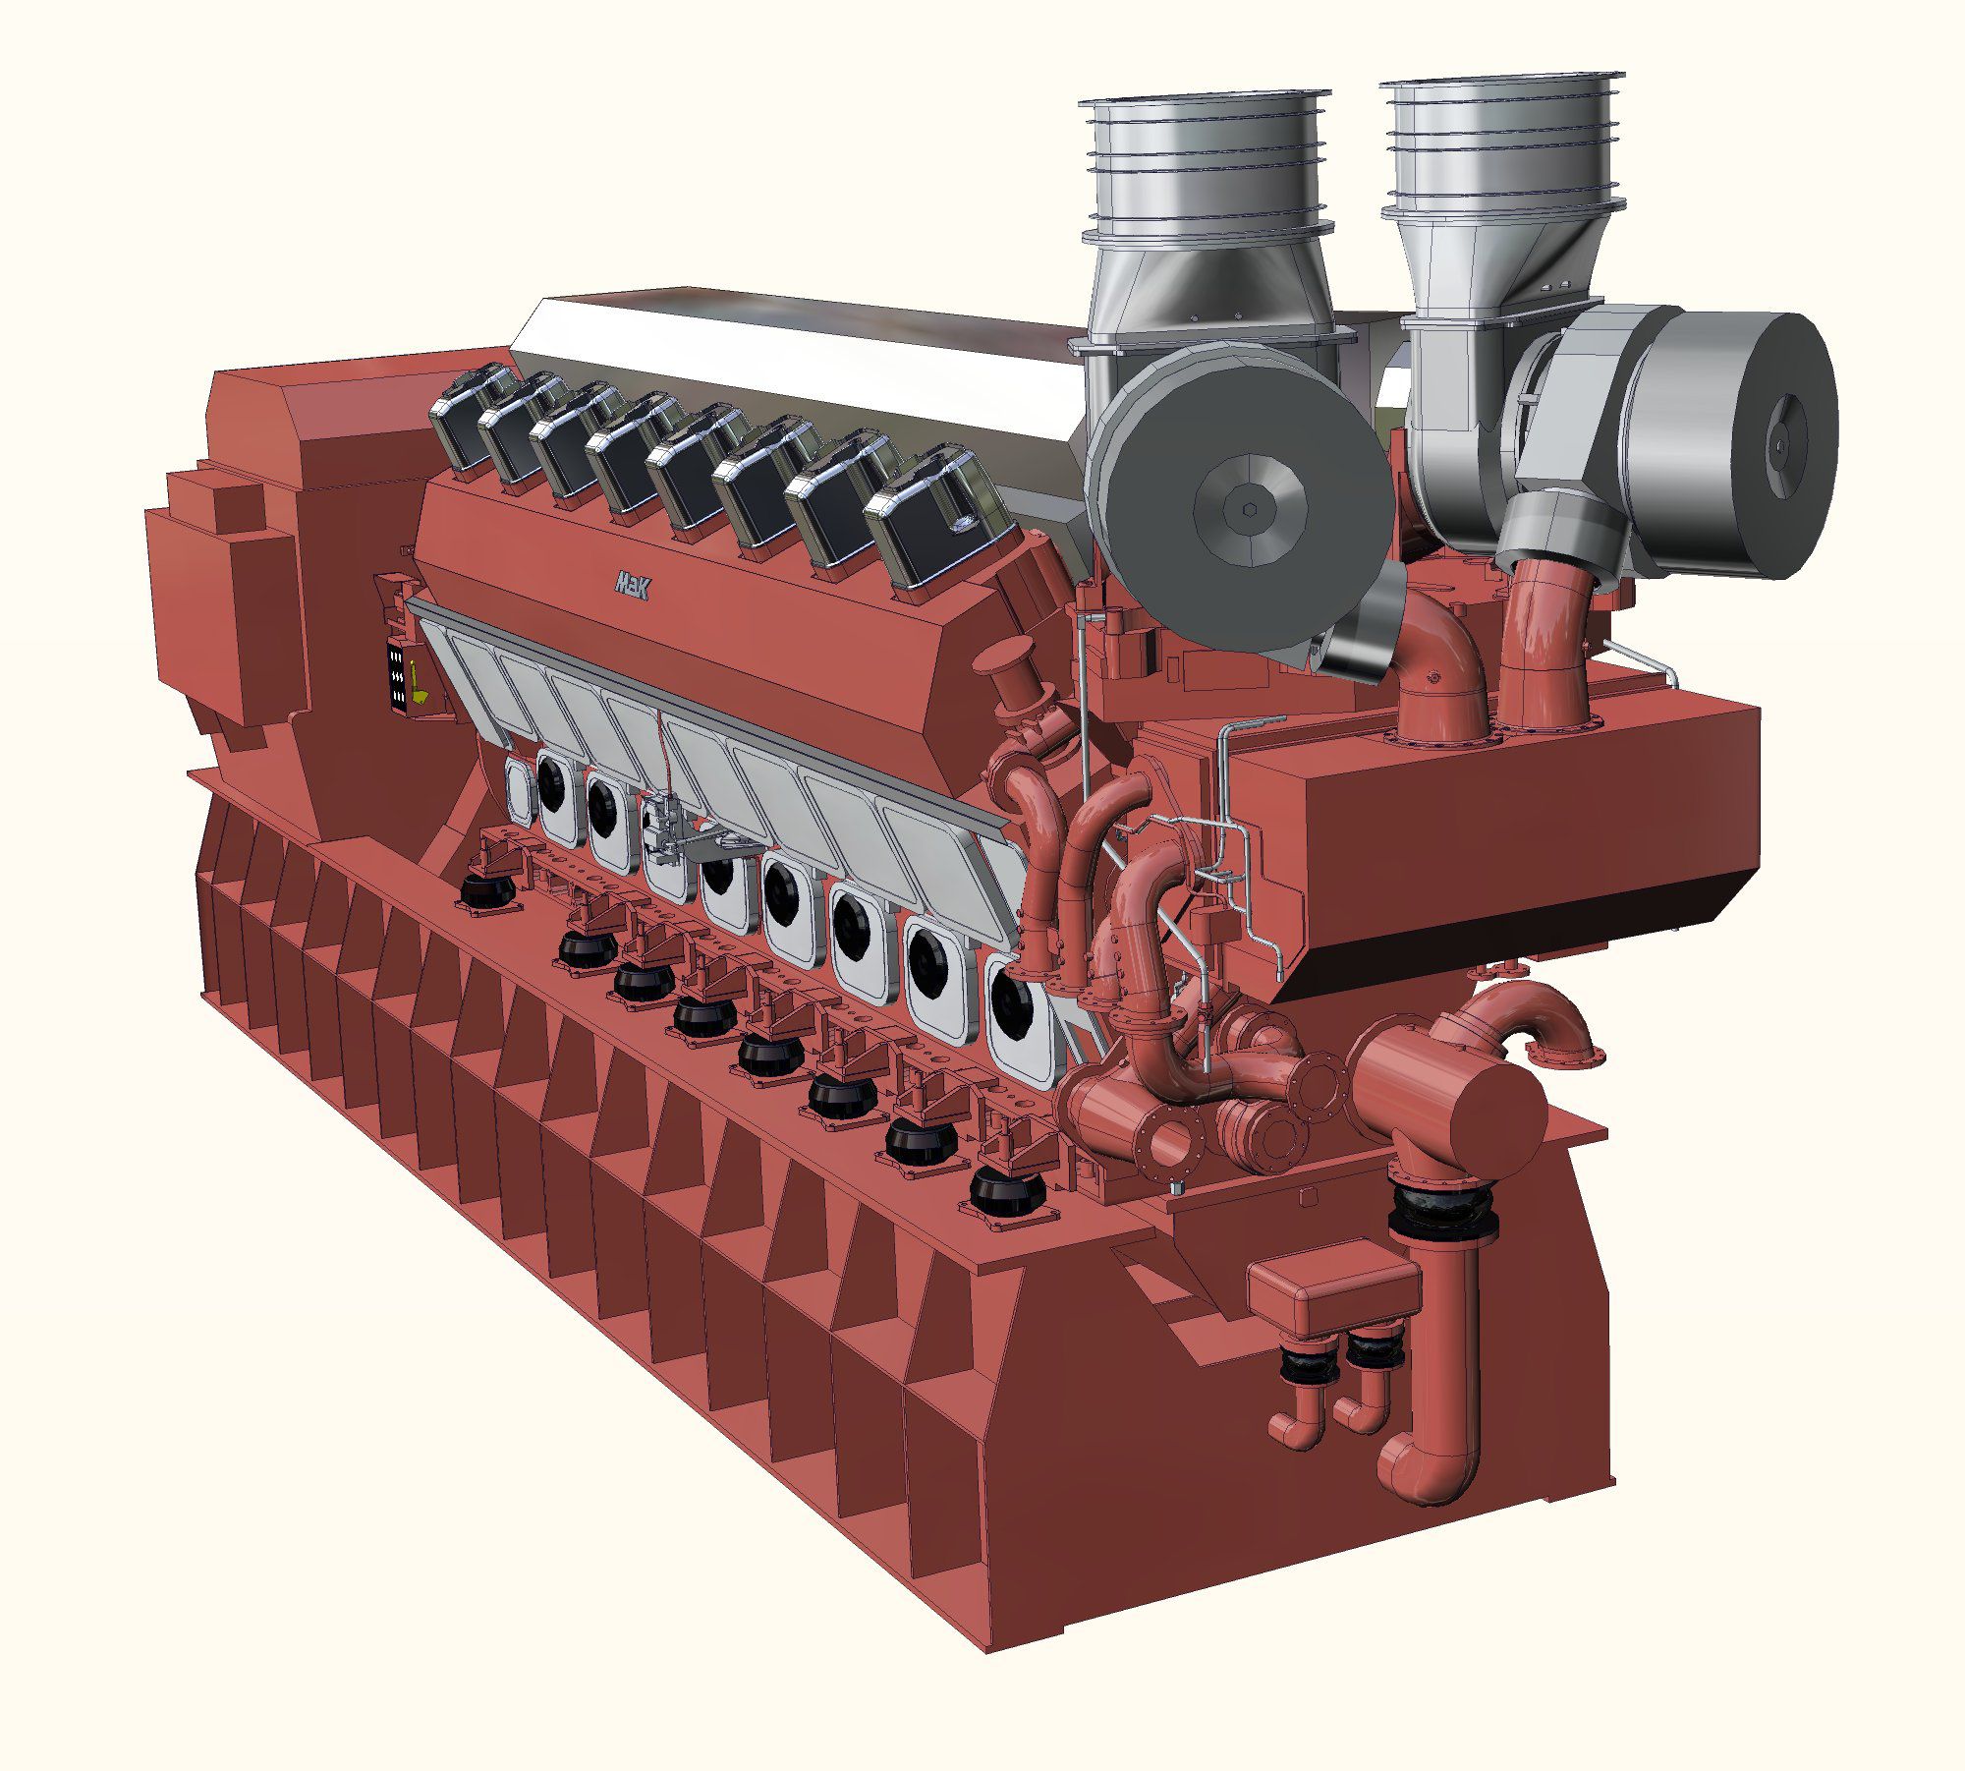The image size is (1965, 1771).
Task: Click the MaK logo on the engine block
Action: (x=631, y=584)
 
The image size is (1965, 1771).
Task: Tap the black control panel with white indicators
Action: (x=398, y=676)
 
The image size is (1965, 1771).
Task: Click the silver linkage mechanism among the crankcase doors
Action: (x=678, y=824)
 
